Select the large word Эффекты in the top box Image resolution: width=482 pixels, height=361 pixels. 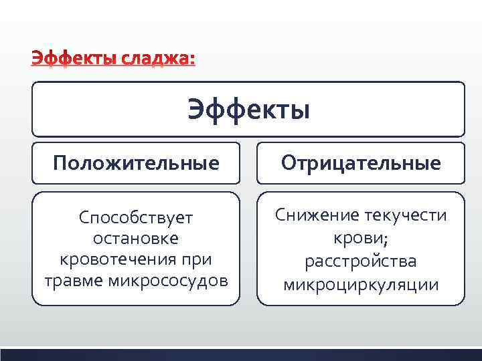(x=248, y=110)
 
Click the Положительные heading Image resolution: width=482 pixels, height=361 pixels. (x=137, y=162)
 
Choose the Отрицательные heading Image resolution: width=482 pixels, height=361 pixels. (x=361, y=162)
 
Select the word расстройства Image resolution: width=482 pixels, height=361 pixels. (x=361, y=261)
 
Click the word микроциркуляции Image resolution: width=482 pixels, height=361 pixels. (x=361, y=285)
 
